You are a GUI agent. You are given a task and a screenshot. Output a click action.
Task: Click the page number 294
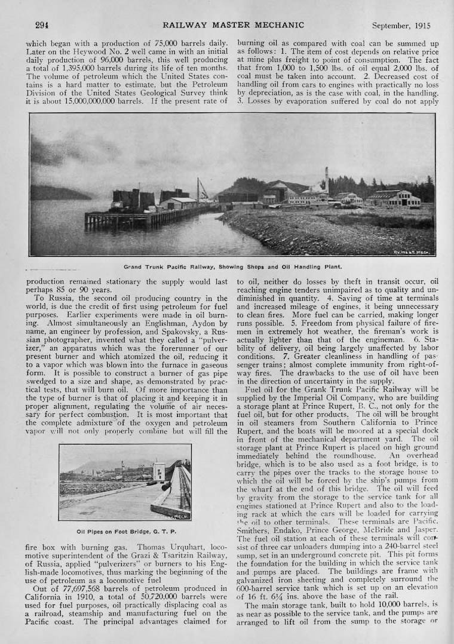click(42, 25)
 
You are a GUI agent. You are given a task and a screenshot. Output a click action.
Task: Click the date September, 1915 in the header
click(401, 26)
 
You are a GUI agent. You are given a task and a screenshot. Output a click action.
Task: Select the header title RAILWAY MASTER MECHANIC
click(232, 25)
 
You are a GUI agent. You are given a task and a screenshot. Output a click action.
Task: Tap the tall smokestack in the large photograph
click(327, 180)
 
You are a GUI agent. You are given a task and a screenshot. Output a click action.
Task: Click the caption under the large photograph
click(232, 266)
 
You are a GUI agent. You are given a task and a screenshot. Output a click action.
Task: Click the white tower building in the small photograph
click(159, 471)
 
